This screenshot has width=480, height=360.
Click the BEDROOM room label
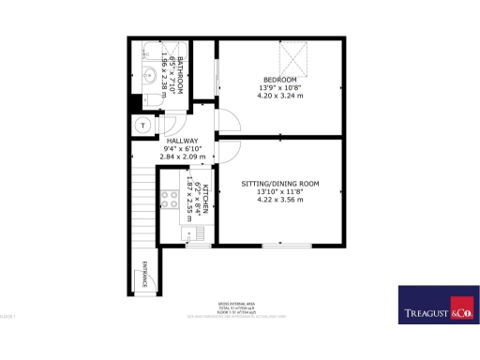pyautogui.click(x=280, y=80)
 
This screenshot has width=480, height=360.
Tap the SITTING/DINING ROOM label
pyautogui.click(x=280, y=183)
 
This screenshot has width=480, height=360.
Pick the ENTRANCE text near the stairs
pyautogui.click(x=144, y=274)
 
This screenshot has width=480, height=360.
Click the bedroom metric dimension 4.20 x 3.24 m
pyautogui.click(x=280, y=97)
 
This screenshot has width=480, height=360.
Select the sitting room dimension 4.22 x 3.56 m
pyautogui.click(x=280, y=200)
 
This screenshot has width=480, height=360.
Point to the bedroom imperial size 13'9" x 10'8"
pyautogui.click(x=280, y=88)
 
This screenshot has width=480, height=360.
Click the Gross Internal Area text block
pyautogui.click(x=237, y=308)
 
